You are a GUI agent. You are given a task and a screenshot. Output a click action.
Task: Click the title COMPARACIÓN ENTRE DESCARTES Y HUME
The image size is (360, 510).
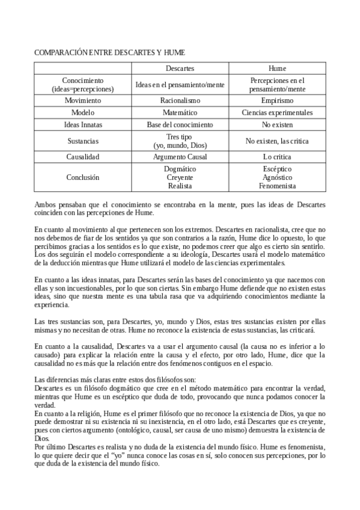109,53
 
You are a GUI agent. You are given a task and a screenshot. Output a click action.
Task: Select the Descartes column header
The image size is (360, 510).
180,69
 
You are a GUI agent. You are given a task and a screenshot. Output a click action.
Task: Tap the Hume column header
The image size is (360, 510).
277,69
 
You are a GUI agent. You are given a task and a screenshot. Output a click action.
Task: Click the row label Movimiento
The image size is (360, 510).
83,100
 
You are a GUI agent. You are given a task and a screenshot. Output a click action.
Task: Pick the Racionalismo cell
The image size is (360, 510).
180,100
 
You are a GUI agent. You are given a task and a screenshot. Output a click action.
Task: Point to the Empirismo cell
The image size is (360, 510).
277,100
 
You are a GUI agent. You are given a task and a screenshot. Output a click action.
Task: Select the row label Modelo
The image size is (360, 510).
83,112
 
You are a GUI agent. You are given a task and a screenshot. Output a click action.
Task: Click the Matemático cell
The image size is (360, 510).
180,112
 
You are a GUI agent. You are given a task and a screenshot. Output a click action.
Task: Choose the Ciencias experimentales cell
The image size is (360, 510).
277,112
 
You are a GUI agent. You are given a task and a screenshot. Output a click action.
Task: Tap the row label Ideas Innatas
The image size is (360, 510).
83,124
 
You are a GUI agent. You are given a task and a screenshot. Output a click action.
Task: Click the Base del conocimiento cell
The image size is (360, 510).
180,124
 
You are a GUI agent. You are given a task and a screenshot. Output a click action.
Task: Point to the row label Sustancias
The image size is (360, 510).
83,141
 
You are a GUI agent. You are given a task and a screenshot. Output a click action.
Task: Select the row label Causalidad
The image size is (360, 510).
83,157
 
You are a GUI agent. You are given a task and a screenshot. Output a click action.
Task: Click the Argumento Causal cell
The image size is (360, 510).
180,157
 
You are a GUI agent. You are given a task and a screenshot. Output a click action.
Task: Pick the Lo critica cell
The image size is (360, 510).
277,157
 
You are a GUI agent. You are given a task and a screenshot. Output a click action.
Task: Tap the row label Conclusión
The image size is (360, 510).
83,177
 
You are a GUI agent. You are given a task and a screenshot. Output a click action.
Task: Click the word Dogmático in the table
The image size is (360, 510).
180,169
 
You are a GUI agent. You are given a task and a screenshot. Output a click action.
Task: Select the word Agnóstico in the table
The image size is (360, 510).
277,177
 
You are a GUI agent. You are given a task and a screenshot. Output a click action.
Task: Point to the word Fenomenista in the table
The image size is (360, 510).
277,186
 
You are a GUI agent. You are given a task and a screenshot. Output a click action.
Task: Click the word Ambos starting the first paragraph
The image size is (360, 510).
45,204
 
